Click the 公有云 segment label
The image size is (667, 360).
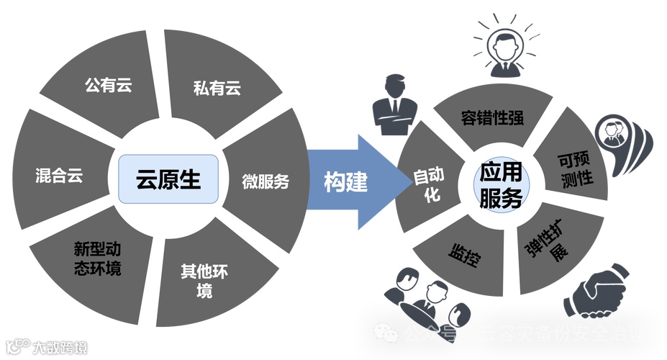tap(109, 85)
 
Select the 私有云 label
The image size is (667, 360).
tap(216, 89)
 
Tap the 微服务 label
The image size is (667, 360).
tap(265, 181)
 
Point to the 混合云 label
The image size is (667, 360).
tap(59, 176)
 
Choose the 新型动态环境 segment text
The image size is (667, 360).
tap(97, 258)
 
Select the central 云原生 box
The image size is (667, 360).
tap(168, 178)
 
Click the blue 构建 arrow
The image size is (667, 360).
tap(347, 181)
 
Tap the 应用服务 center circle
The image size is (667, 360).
tap(502, 184)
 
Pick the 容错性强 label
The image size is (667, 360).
tap(493, 117)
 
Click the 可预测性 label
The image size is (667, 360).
tap(576, 168)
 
